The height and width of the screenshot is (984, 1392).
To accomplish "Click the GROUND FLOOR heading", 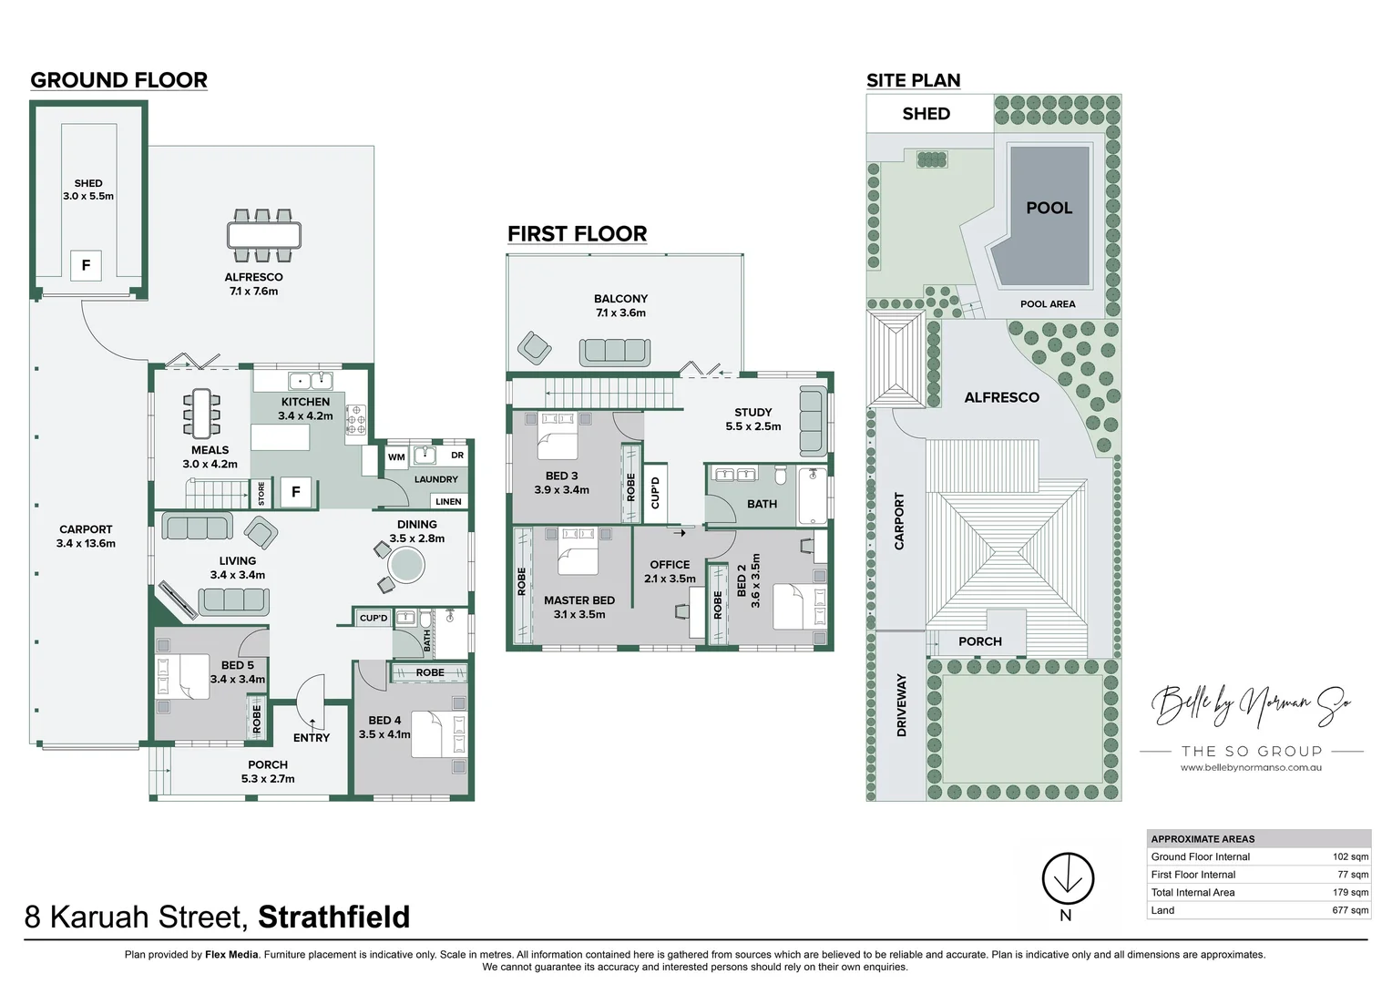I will pyautogui.click(x=118, y=80).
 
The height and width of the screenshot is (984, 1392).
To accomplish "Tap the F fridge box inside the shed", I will pyautogui.click(x=86, y=265).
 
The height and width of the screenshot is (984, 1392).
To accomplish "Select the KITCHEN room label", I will pyautogui.click(x=305, y=402).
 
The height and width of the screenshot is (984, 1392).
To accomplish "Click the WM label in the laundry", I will pyautogui.click(x=396, y=457).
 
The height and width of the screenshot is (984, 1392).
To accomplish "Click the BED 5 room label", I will pyautogui.click(x=237, y=665).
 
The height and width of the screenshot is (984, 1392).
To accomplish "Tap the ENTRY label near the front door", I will pyautogui.click(x=312, y=738).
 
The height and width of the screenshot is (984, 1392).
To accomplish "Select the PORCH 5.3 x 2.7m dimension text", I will pyautogui.click(x=268, y=779).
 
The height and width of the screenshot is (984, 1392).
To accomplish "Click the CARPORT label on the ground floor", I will pyautogui.click(x=86, y=529).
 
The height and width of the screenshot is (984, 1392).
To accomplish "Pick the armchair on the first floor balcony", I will pyautogui.click(x=534, y=347).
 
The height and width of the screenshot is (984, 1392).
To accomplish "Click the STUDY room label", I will pyautogui.click(x=752, y=413).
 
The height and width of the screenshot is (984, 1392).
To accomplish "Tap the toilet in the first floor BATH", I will pyautogui.click(x=781, y=475).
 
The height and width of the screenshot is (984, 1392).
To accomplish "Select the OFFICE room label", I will pyautogui.click(x=670, y=565).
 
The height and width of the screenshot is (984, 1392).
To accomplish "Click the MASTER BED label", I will pyautogui.click(x=579, y=600).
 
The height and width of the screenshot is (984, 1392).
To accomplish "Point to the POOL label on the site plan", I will pyautogui.click(x=1049, y=208).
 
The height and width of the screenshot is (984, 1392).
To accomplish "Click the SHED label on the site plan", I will pyautogui.click(x=926, y=114).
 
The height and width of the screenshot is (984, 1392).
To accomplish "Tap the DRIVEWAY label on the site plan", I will pyautogui.click(x=902, y=705).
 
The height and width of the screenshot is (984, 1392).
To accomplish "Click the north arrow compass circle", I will pyautogui.click(x=1067, y=878).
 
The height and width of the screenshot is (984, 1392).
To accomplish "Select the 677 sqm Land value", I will pyautogui.click(x=1350, y=910).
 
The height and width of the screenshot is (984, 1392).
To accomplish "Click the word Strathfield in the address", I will pyautogui.click(x=334, y=917).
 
